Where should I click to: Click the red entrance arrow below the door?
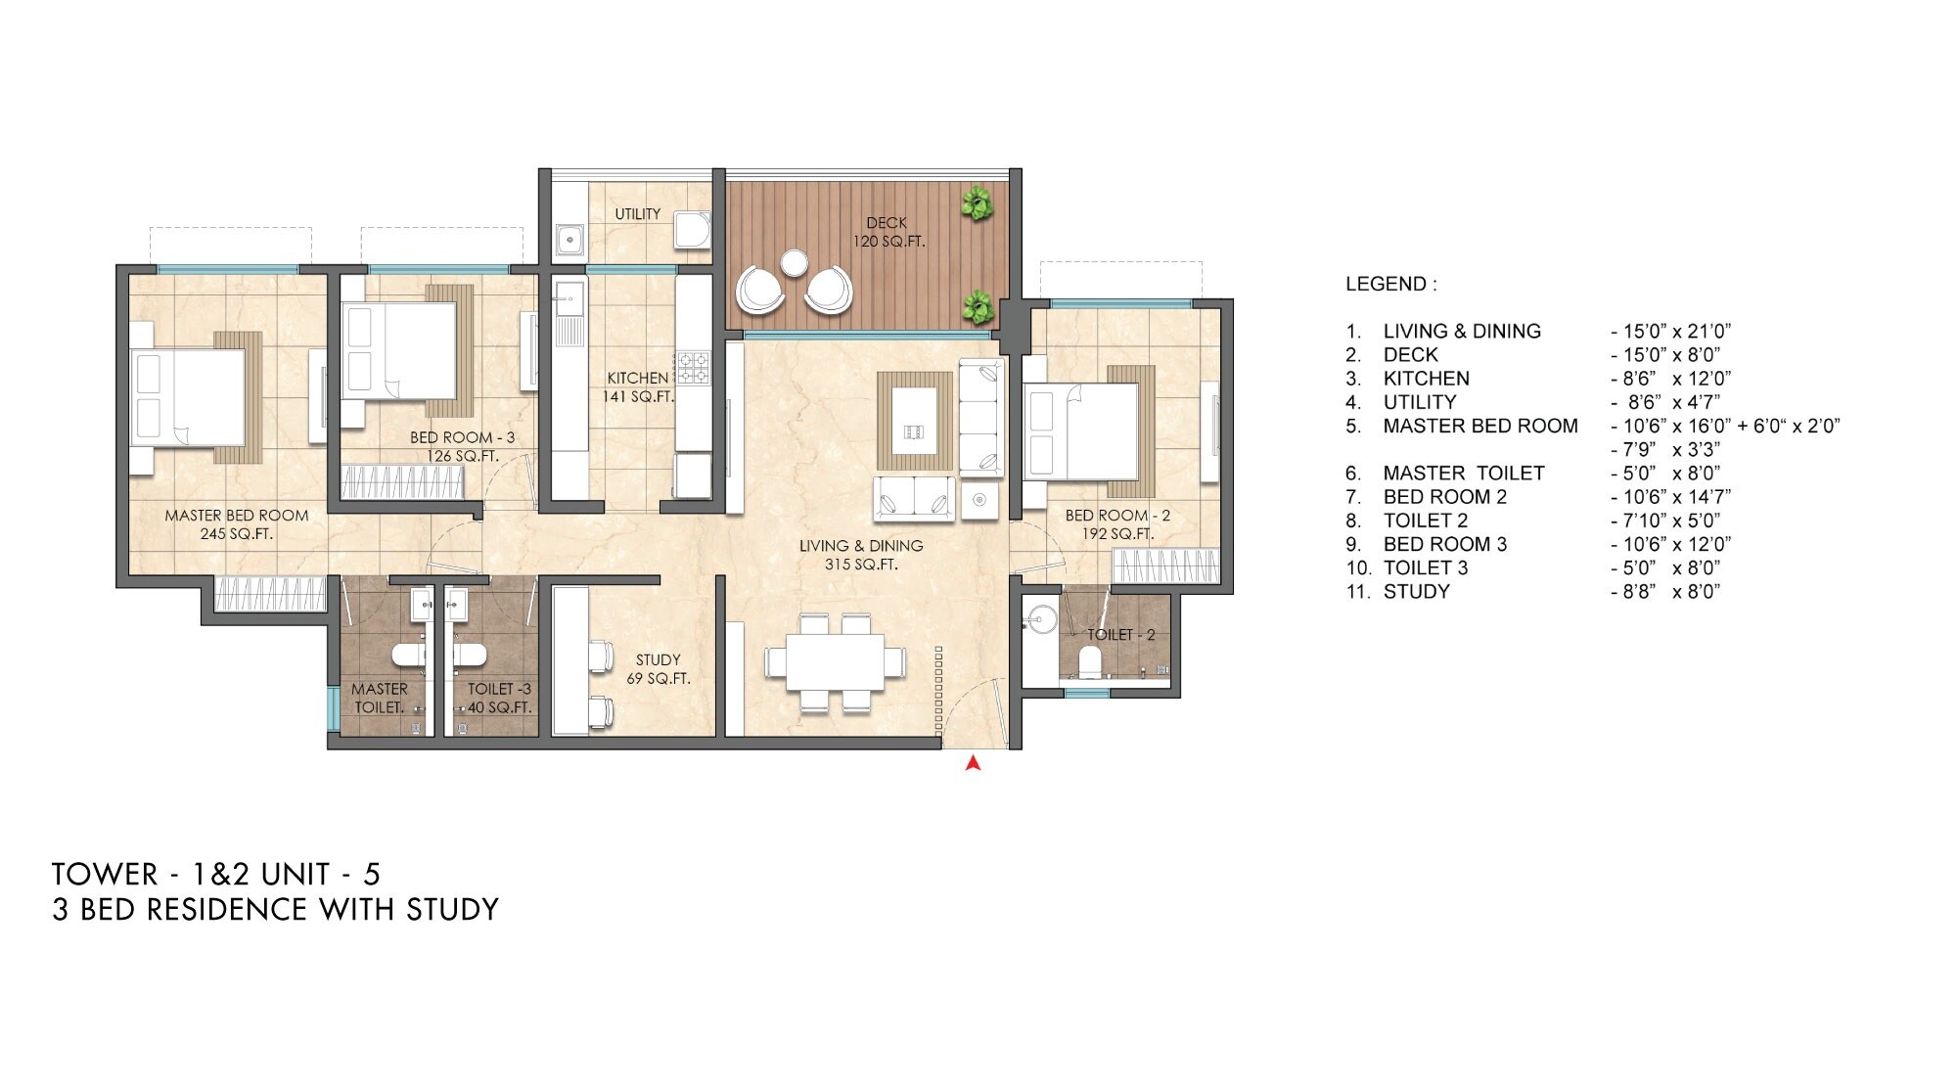[x=973, y=763]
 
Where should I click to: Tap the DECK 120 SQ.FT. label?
[x=887, y=232]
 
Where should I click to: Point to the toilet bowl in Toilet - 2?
[x=1088, y=663]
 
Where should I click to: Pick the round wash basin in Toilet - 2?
[x=1040, y=619]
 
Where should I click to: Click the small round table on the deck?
[x=794, y=262]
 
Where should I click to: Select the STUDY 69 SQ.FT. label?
[x=658, y=668]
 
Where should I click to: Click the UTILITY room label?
[x=637, y=213]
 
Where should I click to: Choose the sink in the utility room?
[x=568, y=238]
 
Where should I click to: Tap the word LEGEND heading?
[x=1390, y=284]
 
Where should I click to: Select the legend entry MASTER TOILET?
[x=1463, y=474]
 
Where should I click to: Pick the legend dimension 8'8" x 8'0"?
[x=1664, y=592]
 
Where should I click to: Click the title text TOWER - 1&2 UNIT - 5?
[x=216, y=874]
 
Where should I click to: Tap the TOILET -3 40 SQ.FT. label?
[x=498, y=698]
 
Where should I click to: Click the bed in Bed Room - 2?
[x=1082, y=430]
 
